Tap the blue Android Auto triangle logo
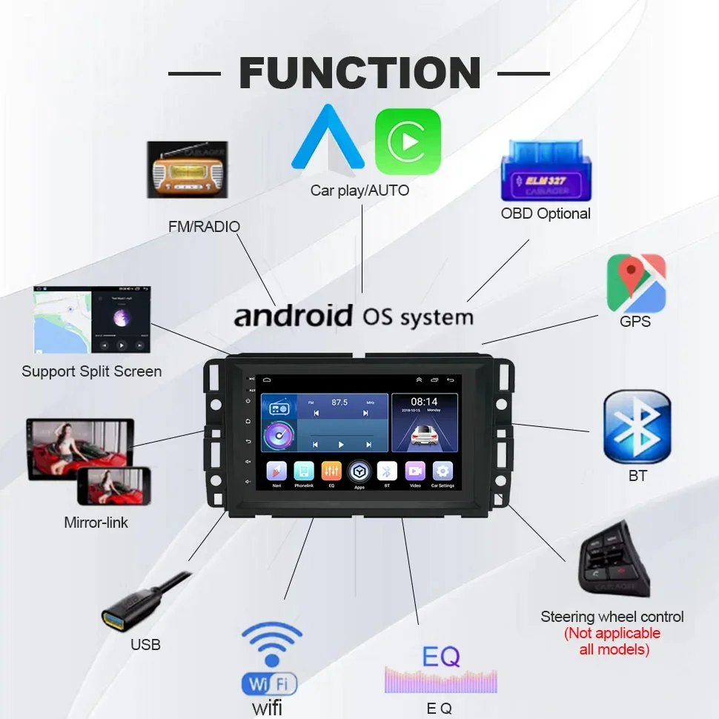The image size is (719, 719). click(x=328, y=139)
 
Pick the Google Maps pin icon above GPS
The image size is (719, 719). click(x=636, y=282)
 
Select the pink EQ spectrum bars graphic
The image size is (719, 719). click(x=440, y=680)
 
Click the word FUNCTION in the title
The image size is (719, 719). click(x=359, y=73)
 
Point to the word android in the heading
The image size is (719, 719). click(x=294, y=316)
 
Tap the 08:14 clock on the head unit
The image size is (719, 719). click(x=424, y=402)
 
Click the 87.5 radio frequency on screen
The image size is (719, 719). click(x=339, y=402)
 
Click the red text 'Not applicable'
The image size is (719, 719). click(x=612, y=633)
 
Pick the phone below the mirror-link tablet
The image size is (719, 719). click(x=113, y=486)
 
